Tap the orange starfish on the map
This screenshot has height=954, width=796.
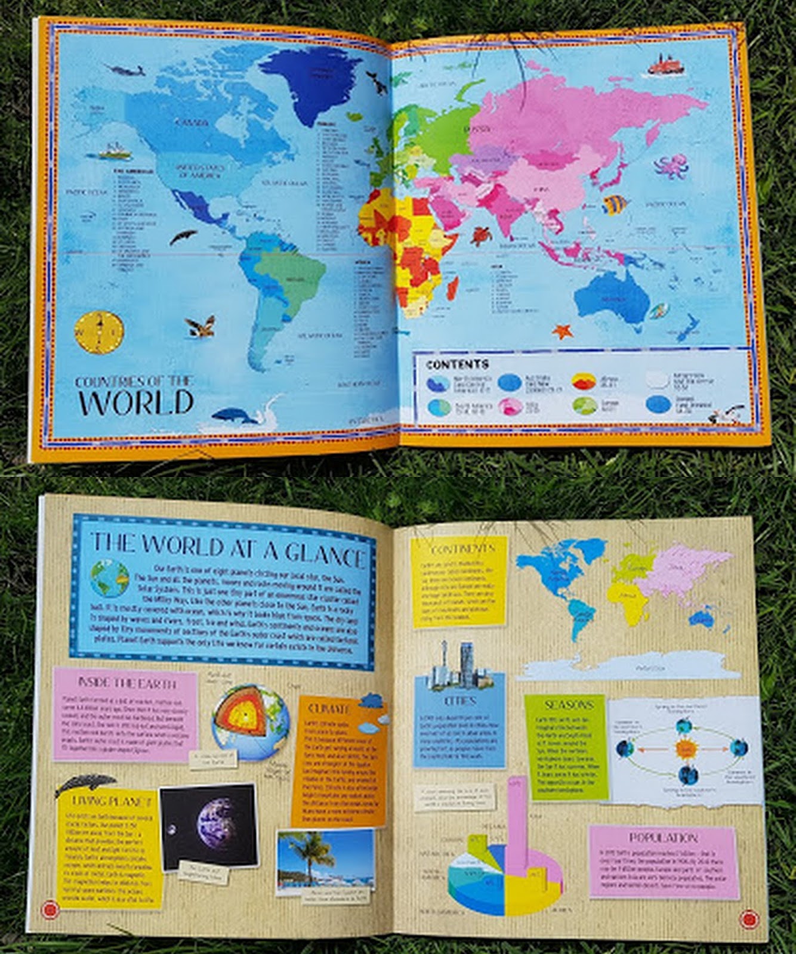(561, 330)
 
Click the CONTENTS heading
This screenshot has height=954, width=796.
(457, 364)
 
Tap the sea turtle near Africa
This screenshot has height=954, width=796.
(480, 236)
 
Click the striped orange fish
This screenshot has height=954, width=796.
(616, 205)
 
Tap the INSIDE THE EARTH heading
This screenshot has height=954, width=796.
(127, 682)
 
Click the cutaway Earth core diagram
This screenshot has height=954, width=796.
(250, 722)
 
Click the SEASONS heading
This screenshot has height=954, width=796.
(569, 705)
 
